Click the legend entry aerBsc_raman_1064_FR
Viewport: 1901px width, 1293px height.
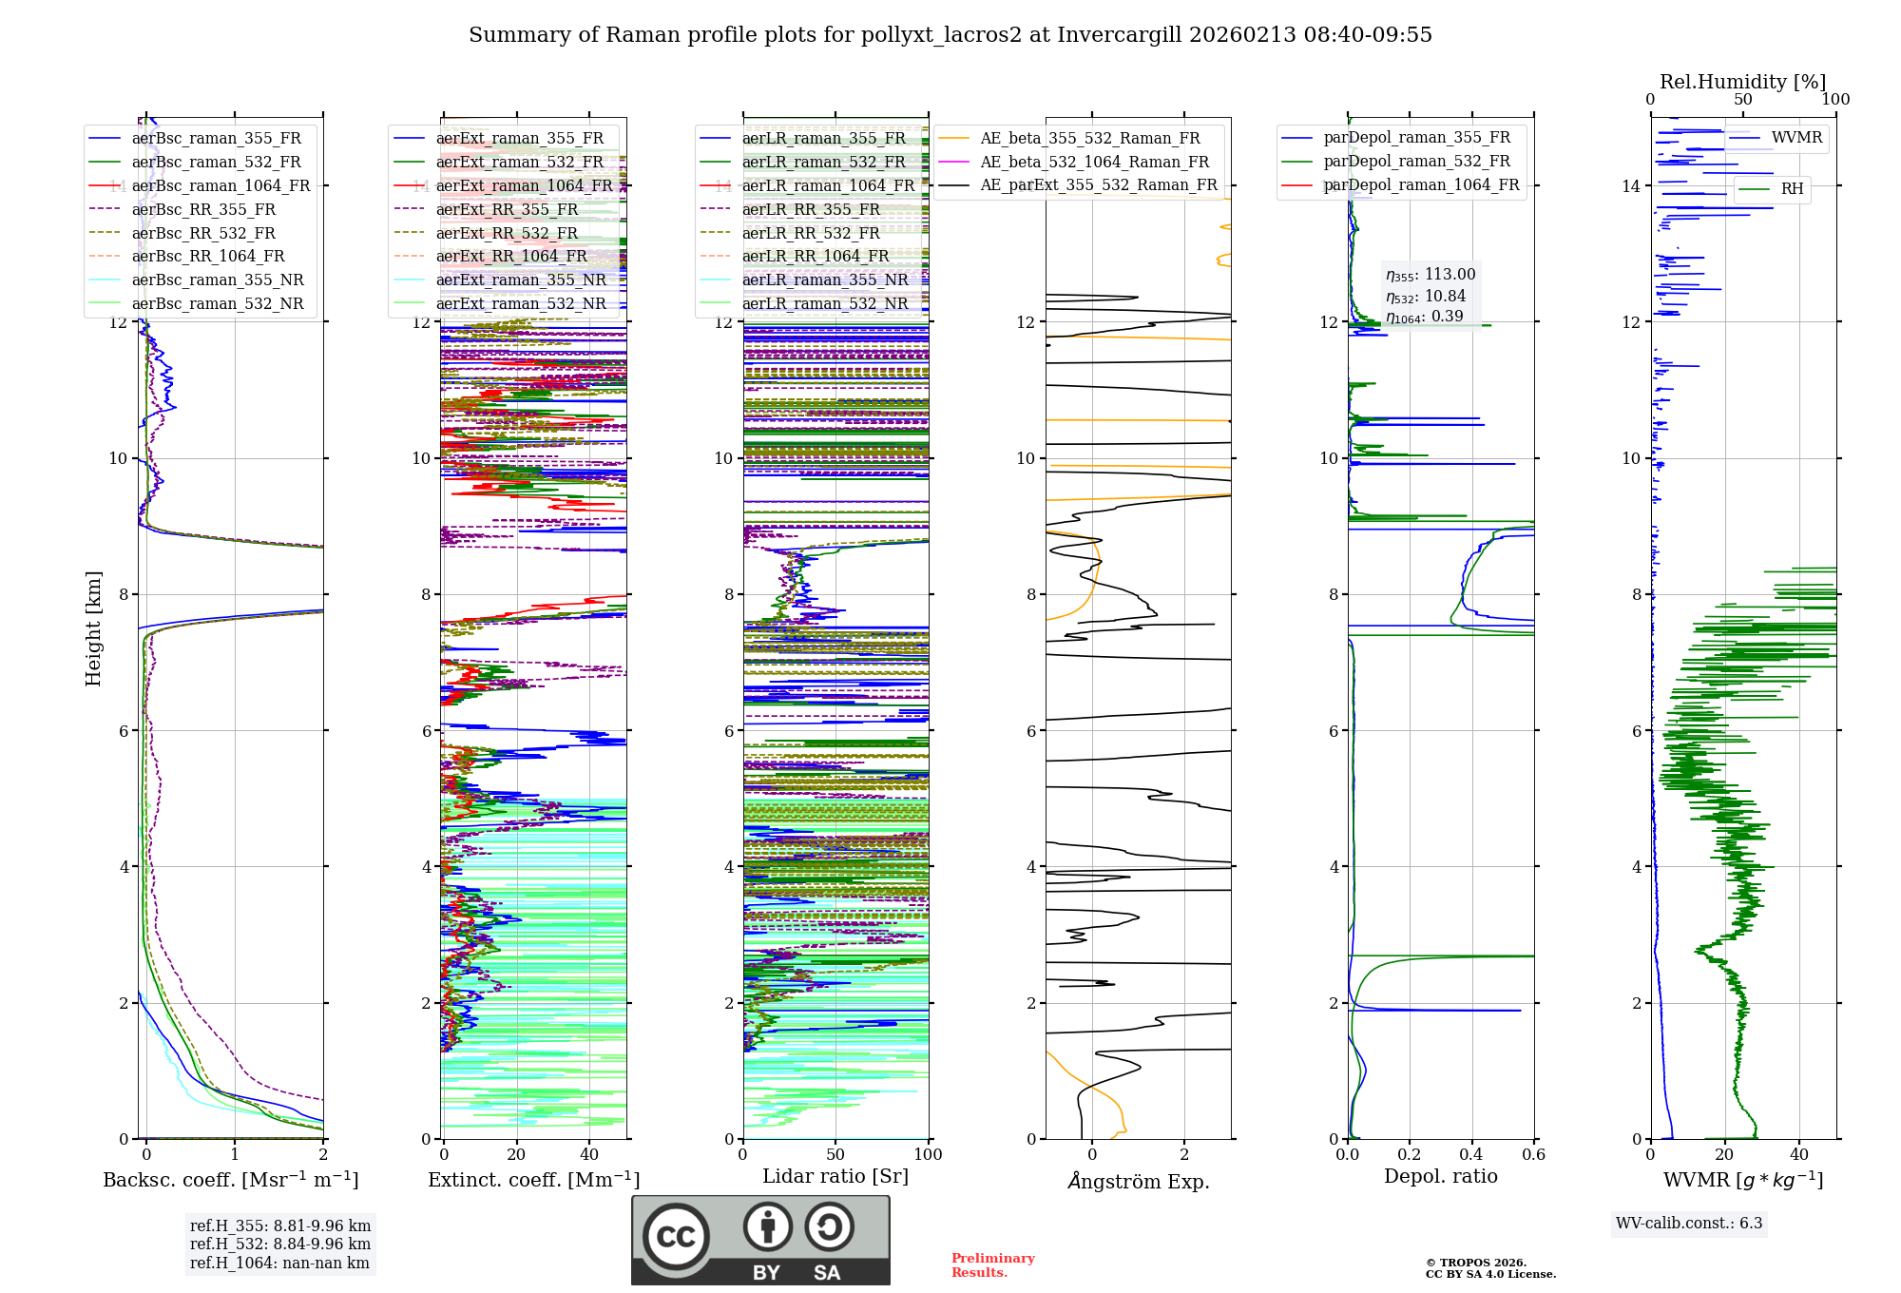point(221,185)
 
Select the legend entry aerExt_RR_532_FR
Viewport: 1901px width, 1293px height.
point(507,233)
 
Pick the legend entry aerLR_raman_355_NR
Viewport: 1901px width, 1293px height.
point(824,280)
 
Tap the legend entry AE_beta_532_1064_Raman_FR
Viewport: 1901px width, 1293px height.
point(1094,162)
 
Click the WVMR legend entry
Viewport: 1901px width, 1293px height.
point(1796,138)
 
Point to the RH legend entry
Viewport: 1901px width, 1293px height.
point(1792,189)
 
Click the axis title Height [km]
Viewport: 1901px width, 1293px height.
point(93,628)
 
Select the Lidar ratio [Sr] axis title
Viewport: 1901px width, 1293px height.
point(835,1176)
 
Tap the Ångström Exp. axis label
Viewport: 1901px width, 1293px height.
point(1138,1182)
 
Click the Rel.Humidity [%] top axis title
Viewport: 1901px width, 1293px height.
point(1742,82)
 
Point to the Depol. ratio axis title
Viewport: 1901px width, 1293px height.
point(1440,1176)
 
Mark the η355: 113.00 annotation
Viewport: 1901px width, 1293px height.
point(1431,275)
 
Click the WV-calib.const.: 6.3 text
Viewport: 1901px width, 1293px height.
point(1689,1224)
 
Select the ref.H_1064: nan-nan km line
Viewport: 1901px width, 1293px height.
point(279,1264)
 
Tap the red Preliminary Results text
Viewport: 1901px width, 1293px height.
point(992,1265)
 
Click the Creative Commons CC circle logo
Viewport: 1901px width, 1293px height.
point(676,1236)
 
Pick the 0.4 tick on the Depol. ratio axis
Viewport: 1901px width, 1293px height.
point(1471,1155)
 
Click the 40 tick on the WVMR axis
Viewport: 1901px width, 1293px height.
point(1799,1155)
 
